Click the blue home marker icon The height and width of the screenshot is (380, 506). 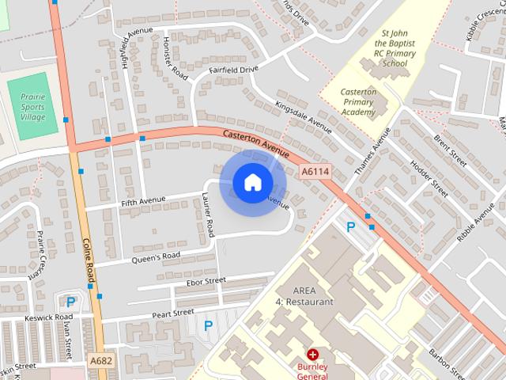[252, 183]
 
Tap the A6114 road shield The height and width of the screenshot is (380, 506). [315, 170]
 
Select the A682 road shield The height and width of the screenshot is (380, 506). [101, 361]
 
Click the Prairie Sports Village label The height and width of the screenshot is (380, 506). [33, 106]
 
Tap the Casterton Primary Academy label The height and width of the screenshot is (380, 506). [358, 102]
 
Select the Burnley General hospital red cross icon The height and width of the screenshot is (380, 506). [313, 354]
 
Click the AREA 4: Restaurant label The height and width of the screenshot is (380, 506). [303, 296]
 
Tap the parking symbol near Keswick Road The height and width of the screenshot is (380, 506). [70, 301]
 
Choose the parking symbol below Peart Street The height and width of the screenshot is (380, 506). [209, 325]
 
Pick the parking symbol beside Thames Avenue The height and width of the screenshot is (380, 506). [351, 227]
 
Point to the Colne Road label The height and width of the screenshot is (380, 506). [89, 261]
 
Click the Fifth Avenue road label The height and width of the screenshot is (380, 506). [143, 202]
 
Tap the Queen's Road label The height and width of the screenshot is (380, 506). [156, 256]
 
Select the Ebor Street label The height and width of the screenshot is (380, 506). [206, 281]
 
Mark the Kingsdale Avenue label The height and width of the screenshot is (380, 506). [303, 116]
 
